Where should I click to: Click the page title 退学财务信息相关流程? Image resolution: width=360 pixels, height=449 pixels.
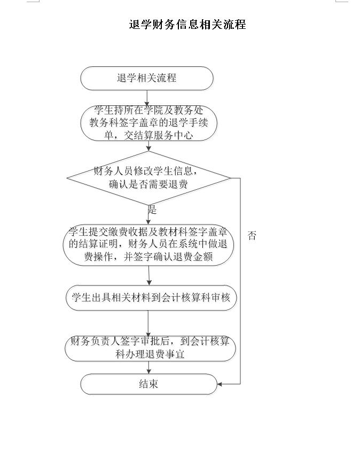pyautogui.click(x=187, y=25)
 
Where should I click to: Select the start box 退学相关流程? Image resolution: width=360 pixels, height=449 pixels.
pyautogui.click(x=147, y=78)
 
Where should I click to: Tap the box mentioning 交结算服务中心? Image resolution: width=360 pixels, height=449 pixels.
pyautogui.click(x=148, y=123)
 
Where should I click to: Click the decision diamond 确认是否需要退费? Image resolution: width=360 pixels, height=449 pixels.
pyautogui.click(x=148, y=178)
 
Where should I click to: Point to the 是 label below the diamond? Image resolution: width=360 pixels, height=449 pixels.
pyautogui.click(x=152, y=210)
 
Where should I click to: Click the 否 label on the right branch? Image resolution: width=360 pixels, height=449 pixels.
pyautogui.click(x=252, y=235)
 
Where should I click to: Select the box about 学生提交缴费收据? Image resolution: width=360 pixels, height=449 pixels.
pyautogui.click(x=148, y=245)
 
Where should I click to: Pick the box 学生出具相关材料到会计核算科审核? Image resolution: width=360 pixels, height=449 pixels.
pyautogui.click(x=151, y=298)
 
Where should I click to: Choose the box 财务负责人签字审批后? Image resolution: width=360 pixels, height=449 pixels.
pyautogui.click(x=150, y=348)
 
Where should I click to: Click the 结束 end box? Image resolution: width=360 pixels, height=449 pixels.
pyautogui.click(x=148, y=384)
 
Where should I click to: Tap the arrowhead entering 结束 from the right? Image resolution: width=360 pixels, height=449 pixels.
pyautogui.click(x=220, y=384)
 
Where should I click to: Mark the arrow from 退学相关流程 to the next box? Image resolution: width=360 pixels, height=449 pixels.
pyautogui.click(x=147, y=98)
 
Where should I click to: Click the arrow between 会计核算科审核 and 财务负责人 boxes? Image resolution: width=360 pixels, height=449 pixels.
pyautogui.click(x=148, y=323)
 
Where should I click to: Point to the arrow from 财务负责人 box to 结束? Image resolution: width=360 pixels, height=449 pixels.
pyautogui.click(x=148, y=367)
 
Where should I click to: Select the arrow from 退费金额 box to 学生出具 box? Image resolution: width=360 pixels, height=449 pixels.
pyautogui.click(x=149, y=275)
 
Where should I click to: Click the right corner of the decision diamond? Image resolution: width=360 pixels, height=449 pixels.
pyautogui.click(x=231, y=178)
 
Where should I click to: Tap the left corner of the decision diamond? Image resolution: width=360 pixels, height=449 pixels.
pyautogui.click(x=67, y=178)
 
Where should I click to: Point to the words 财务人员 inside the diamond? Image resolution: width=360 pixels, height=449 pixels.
pyautogui.click(x=113, y=171)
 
